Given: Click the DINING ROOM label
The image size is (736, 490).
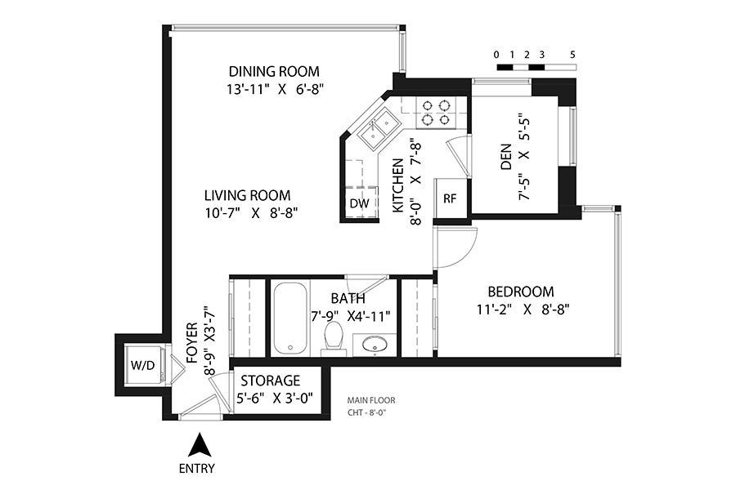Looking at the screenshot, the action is pyautogui.click(x=274, y=72).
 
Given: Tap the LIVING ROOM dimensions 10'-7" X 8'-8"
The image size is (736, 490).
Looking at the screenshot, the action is pyautogui.click(x=252, y=213).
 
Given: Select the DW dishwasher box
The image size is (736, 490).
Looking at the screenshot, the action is pyautogui.click(x=360, y=203).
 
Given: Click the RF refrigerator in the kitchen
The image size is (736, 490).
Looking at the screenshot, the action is pyautogui.click(x=450, y=198).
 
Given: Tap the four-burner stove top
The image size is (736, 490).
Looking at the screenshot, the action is pyautogui.click(x=436, y=113).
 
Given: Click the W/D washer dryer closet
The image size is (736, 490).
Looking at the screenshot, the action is pyautogui.click(x=142, y=365).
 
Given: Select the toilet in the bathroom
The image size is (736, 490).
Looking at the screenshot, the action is pyautogui.click(x=334, y=336).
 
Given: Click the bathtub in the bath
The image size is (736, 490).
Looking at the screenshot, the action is pyautogui.click(x=290, y=318).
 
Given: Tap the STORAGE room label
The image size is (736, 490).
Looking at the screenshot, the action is pyautogui.click(x=271, y=381).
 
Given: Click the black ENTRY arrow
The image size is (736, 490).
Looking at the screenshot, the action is pyautogui.click(x=200, y=444).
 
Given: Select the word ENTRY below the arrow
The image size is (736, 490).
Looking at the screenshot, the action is pyautogui.click(x=197, y=469).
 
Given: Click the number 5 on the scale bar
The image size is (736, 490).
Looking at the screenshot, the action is pyautogui.click(x=572, y=55).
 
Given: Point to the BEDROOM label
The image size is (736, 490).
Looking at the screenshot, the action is pyautogui.click(x=521, y=292).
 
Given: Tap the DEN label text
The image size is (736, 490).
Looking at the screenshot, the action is pyautogui.click(x=506, y=157).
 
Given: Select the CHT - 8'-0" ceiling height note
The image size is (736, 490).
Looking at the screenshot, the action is pyautogui.click(x=366, y=413).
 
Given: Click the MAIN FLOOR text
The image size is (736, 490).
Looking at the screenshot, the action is pyautogui.click(x=371, y=400).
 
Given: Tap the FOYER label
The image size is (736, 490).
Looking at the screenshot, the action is pyautogui.click(x=192, y=343).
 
